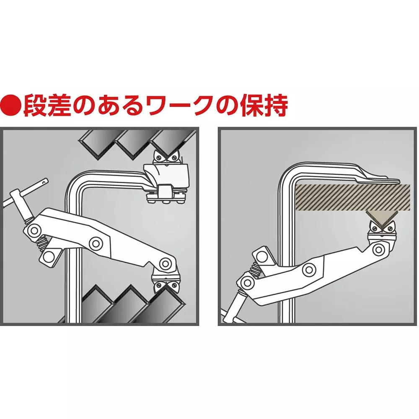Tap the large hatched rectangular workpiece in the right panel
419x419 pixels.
coord(352,197)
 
